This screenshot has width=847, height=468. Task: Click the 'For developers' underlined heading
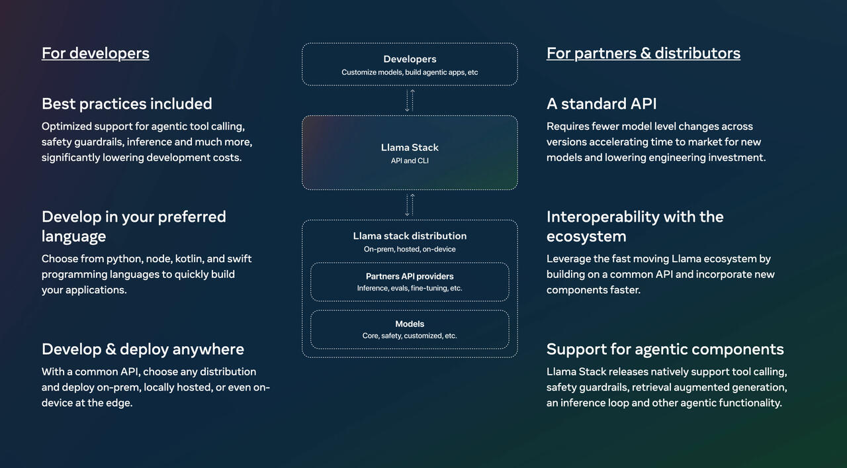point(95,54)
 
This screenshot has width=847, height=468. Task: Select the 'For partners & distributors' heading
point(643,54)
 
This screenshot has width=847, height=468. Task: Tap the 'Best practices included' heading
point(126,104)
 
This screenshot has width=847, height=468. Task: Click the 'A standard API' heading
point(602,104)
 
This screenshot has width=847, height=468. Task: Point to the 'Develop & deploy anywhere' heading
point(142,350)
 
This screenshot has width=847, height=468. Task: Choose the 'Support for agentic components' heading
point(665,350)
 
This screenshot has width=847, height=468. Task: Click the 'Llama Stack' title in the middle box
point(410,147)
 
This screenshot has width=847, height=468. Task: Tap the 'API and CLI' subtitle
point(410,161)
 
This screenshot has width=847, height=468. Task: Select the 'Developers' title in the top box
point(410,59)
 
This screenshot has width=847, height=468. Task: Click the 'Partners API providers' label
point(410,276)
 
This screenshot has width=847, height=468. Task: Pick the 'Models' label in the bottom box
point(410,324)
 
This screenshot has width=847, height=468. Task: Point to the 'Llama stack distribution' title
point(410,236)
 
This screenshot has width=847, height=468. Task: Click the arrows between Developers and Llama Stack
point(410,101)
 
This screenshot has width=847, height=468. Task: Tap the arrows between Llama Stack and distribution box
point(410,205)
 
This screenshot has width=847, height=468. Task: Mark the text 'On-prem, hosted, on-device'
point(410,250)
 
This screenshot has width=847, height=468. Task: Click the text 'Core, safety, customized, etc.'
point(410,336)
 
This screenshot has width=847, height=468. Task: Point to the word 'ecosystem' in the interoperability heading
point(586,237)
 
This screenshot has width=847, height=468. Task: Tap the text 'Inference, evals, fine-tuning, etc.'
point(410,289)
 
